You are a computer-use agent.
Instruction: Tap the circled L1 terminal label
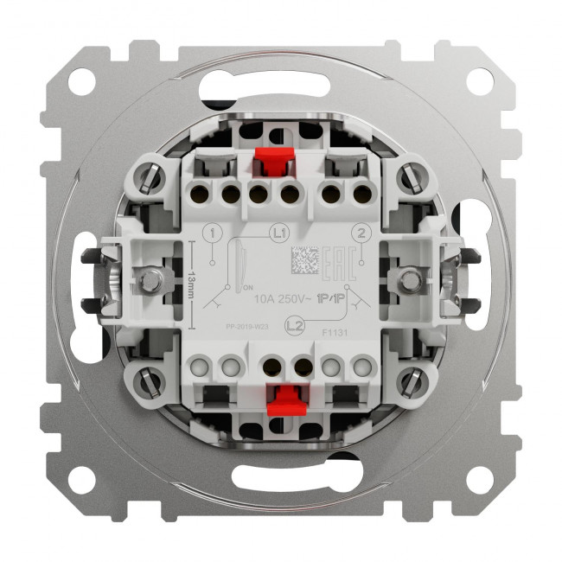278,233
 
